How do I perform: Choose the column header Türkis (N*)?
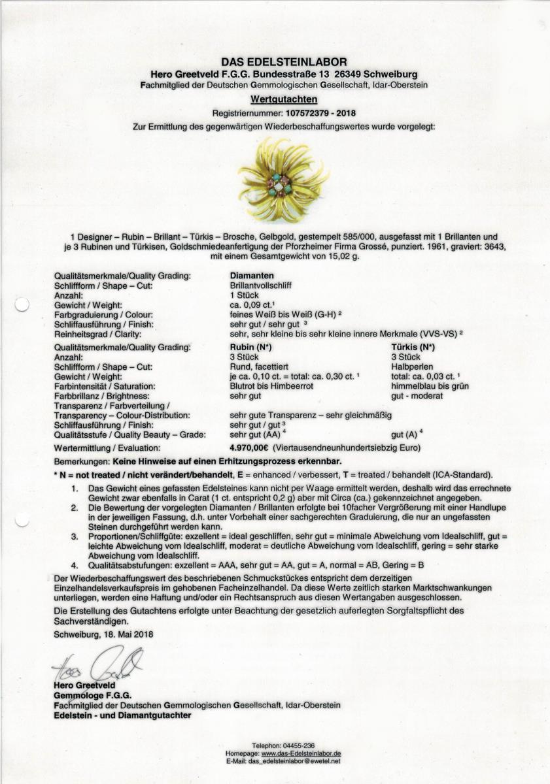tap(413, 348)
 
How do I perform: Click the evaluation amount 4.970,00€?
tap(250, 448)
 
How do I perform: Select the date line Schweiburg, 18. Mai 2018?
tap(104, 634)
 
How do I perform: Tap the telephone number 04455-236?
tap(300, 746)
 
